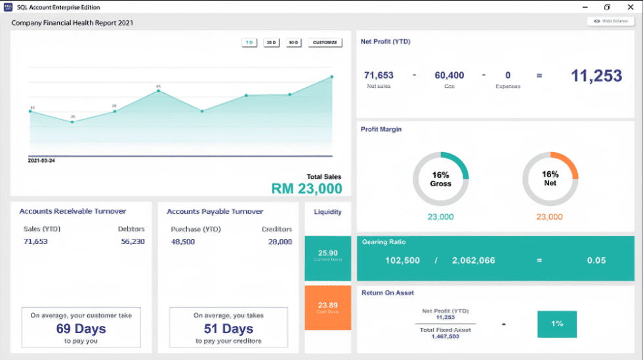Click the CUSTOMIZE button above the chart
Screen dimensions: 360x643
point(325,43)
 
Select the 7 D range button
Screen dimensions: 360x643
point(249,43)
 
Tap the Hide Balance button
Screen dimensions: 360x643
point(610,21)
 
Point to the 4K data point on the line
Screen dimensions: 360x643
point(158,91)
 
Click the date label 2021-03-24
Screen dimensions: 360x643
point(41,160)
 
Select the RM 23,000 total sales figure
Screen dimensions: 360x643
point(307,189)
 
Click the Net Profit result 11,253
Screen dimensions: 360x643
point(596,75)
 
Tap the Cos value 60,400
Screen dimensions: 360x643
point(449,75)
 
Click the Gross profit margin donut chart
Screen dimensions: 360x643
point(440,179)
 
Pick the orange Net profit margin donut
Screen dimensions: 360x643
point(550,179)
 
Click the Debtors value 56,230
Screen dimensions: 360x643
point(133,241)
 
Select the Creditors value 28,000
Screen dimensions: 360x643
point(280,241)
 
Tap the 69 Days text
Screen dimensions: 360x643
point(81,329)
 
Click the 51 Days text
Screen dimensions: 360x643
point(228,329)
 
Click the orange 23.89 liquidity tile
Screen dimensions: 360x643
point(328,307)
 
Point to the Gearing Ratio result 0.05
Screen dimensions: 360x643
point(596,260)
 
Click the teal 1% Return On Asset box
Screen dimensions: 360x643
point(556,324)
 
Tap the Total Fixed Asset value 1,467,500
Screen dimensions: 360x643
point(446,336)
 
